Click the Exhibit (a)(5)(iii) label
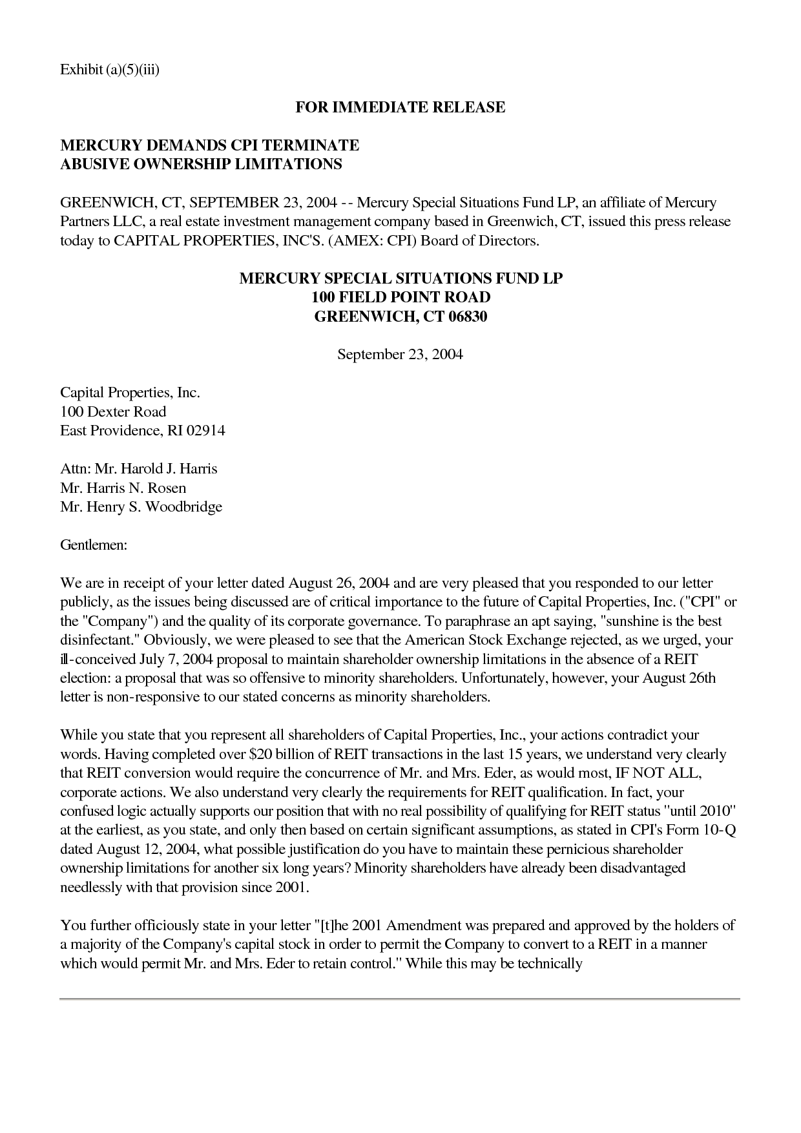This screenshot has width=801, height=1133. point(109,69)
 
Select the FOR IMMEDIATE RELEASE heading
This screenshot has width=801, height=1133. point(400,107)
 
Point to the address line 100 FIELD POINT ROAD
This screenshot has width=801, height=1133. point(400,298)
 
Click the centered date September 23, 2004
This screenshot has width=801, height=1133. point(400,355)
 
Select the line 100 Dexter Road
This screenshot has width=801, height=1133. point(113,411)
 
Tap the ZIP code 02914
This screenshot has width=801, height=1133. point(205,431)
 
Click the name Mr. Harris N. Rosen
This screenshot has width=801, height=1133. point(123,488)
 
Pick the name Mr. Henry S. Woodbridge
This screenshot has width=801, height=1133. point(141,506)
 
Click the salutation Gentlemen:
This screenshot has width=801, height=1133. point(94,545)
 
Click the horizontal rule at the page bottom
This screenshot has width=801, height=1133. point(400,999)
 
